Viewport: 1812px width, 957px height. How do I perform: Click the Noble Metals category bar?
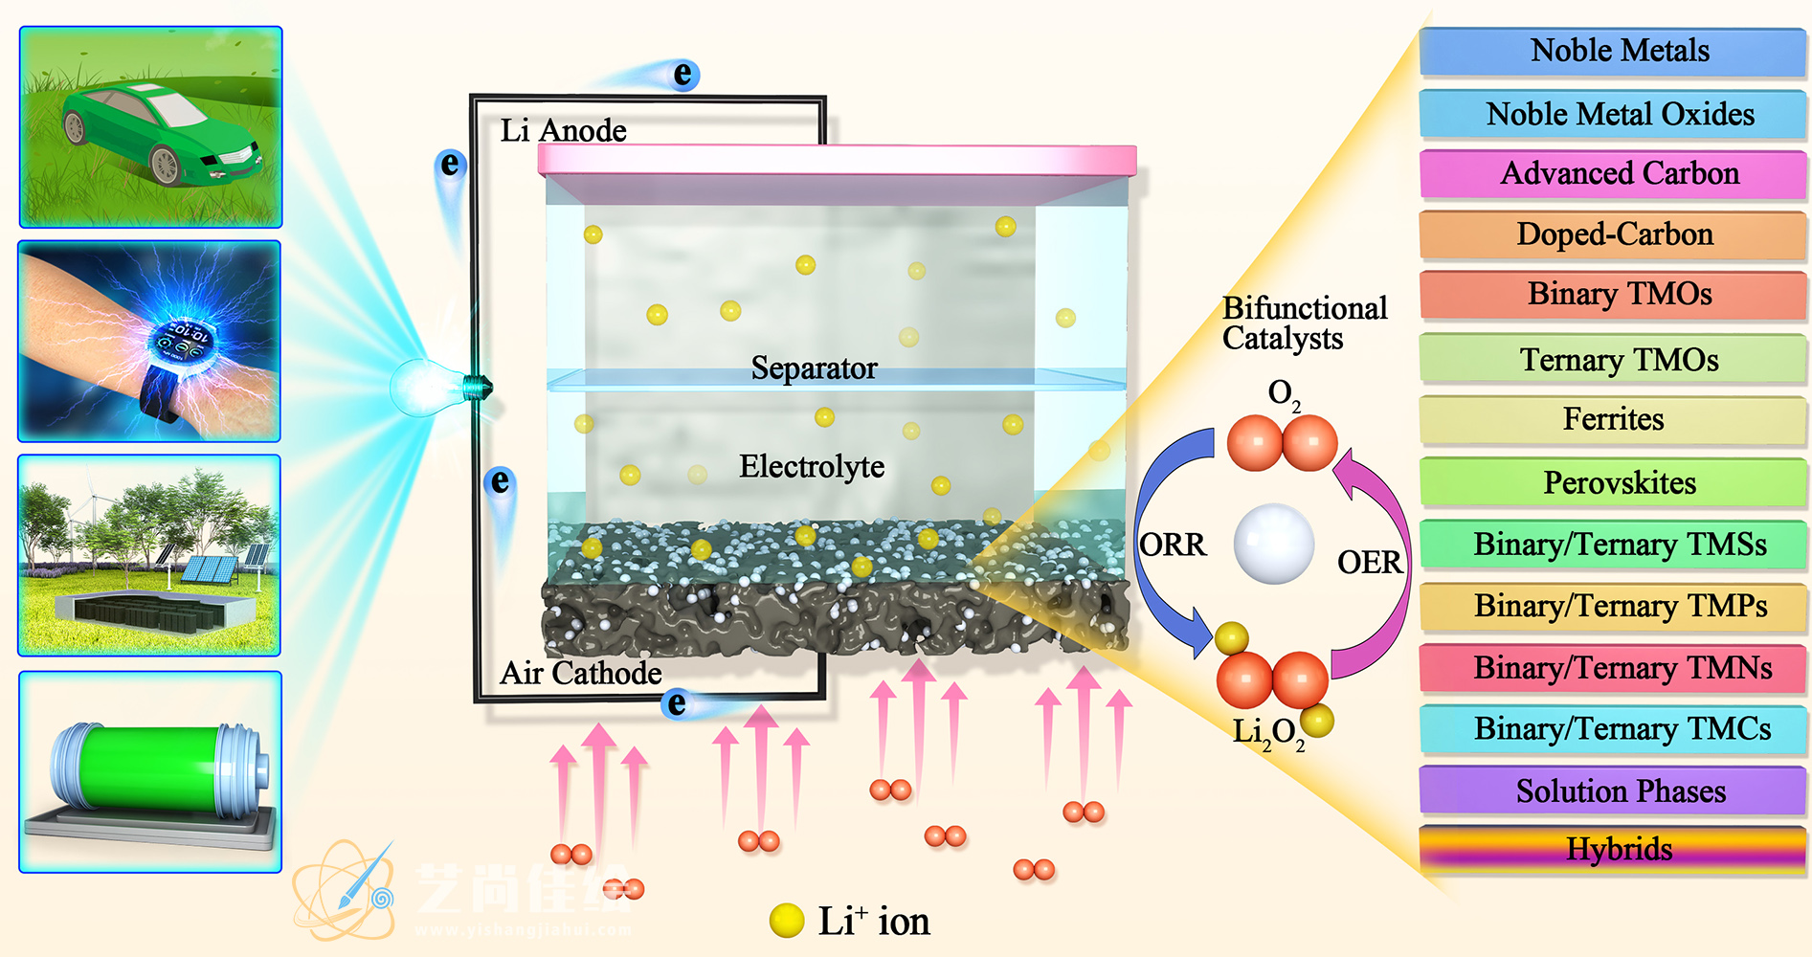[1613, 52]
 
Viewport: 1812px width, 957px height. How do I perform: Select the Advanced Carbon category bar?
[1613, 174]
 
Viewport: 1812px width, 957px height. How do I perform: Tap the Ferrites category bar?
[1613, 419]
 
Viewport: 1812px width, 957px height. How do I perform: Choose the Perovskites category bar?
[1613, 482]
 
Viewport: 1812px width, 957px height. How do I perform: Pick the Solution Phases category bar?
[1613, 791]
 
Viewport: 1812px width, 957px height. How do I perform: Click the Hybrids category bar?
[1613, 849]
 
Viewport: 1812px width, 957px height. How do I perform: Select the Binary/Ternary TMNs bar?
[1613, 667]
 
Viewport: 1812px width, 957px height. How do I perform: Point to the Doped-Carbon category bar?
[1613, 234]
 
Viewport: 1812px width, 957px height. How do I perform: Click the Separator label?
[814, 368]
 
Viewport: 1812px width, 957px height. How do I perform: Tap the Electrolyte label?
[812, 467]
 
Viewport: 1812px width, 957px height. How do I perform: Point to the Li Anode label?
[563, 130]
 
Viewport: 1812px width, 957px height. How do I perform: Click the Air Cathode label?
[580, 673]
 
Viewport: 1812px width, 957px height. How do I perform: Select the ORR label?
[1173, 545]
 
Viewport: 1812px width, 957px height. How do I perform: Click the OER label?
[1369, 562]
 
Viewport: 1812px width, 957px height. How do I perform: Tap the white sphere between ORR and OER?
[1273, 544]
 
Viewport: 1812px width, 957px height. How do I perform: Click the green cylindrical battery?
[153, 770]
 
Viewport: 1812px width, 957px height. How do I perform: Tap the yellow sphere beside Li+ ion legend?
[787, 921]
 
